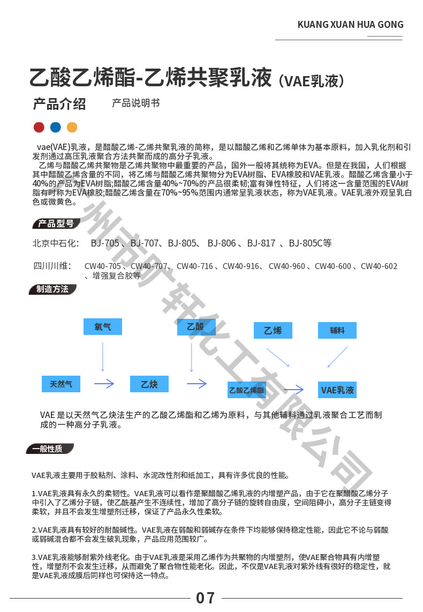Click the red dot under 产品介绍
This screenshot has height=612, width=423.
click(x=39, y=127)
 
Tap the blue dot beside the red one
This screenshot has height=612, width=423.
click(x=55, y=127)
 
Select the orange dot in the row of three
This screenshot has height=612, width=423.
click(x=72, y=127)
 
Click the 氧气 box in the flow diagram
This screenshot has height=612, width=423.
click(x=103, y=326)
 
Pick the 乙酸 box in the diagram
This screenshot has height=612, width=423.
click(x=196, y=327)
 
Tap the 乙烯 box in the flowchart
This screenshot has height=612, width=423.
click(x=273, y=330)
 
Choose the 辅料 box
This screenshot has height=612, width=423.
click(x=337, y=330)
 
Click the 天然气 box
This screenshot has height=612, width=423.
click(x=65, y=384)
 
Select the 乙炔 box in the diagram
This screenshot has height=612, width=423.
click(x=149, y=384)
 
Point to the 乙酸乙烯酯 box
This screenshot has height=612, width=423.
click(x=247, y=390)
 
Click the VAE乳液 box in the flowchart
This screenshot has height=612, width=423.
click(x=337, y=390)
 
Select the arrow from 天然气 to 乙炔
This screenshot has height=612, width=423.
click(x=104, y=384)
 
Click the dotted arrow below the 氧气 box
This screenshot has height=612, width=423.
click(x=103, y=356)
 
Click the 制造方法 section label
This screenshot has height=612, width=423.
click(x=52, y=289)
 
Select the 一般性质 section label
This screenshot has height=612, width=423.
click(x=50, y=449)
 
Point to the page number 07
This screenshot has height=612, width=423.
click(x=206, y=598)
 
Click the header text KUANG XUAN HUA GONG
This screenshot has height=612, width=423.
click(x=350, y=25)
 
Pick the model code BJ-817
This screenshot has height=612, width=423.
click(x=261, y=243)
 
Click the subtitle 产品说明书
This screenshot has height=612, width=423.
click(x=135, y=103)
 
